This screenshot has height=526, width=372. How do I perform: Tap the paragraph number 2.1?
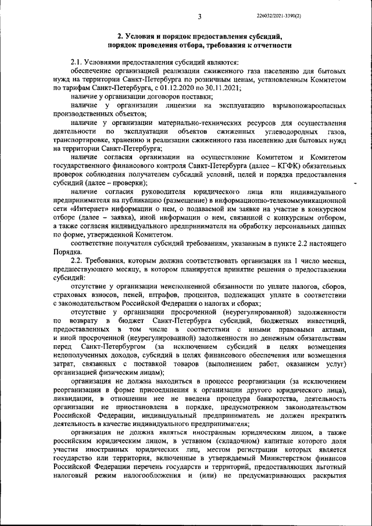tap(76, 62)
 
